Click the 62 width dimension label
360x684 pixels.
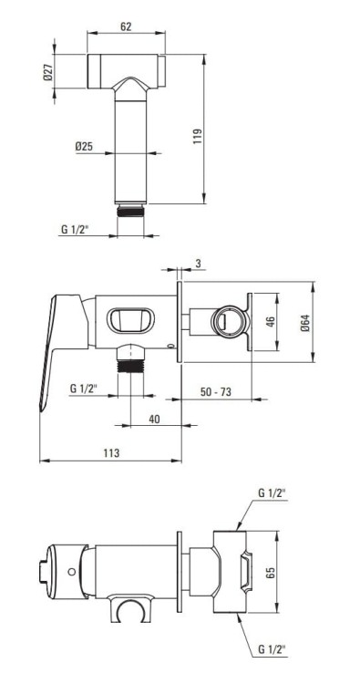pyautogui.click(x=126, y=26)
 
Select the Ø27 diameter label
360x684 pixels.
pyautogui.click(x=47, y=71)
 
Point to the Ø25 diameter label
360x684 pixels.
pyautogui.click(x=84, y=147)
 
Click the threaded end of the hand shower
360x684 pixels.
pyautogui.click(x=130, y=211)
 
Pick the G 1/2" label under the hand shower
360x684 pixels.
pyautogui.click(x=75, y=230)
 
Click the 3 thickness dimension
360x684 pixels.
pyautogui.click(x=198, y=263)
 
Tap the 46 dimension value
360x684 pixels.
pyautogui.click(x=270, y=322)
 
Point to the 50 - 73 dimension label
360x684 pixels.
pyautogui.click(x=216, y=392)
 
